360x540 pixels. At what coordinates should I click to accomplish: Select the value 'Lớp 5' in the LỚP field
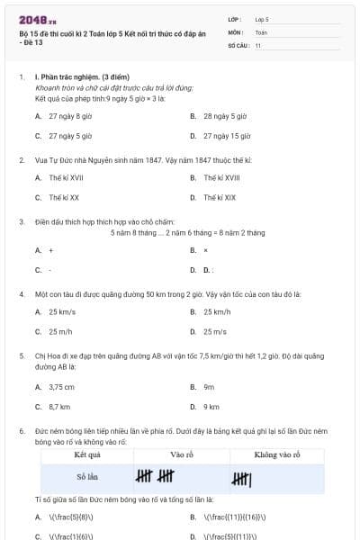[261, 18]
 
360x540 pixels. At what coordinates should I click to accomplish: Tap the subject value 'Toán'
[261, 31]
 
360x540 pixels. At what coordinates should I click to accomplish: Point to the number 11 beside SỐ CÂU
[258, 45]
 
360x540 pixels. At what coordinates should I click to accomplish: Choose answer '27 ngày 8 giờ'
[70, 116]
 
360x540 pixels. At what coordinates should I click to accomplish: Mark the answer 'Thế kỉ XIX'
[220, 197]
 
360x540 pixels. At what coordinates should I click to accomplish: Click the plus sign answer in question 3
[51, 249]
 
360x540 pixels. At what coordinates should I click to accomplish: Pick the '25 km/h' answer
[217, 311]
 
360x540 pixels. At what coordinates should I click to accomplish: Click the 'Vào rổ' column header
[183, 455]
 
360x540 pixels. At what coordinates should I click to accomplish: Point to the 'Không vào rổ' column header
[279, 455]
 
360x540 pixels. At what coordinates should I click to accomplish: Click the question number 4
[21, 293]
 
